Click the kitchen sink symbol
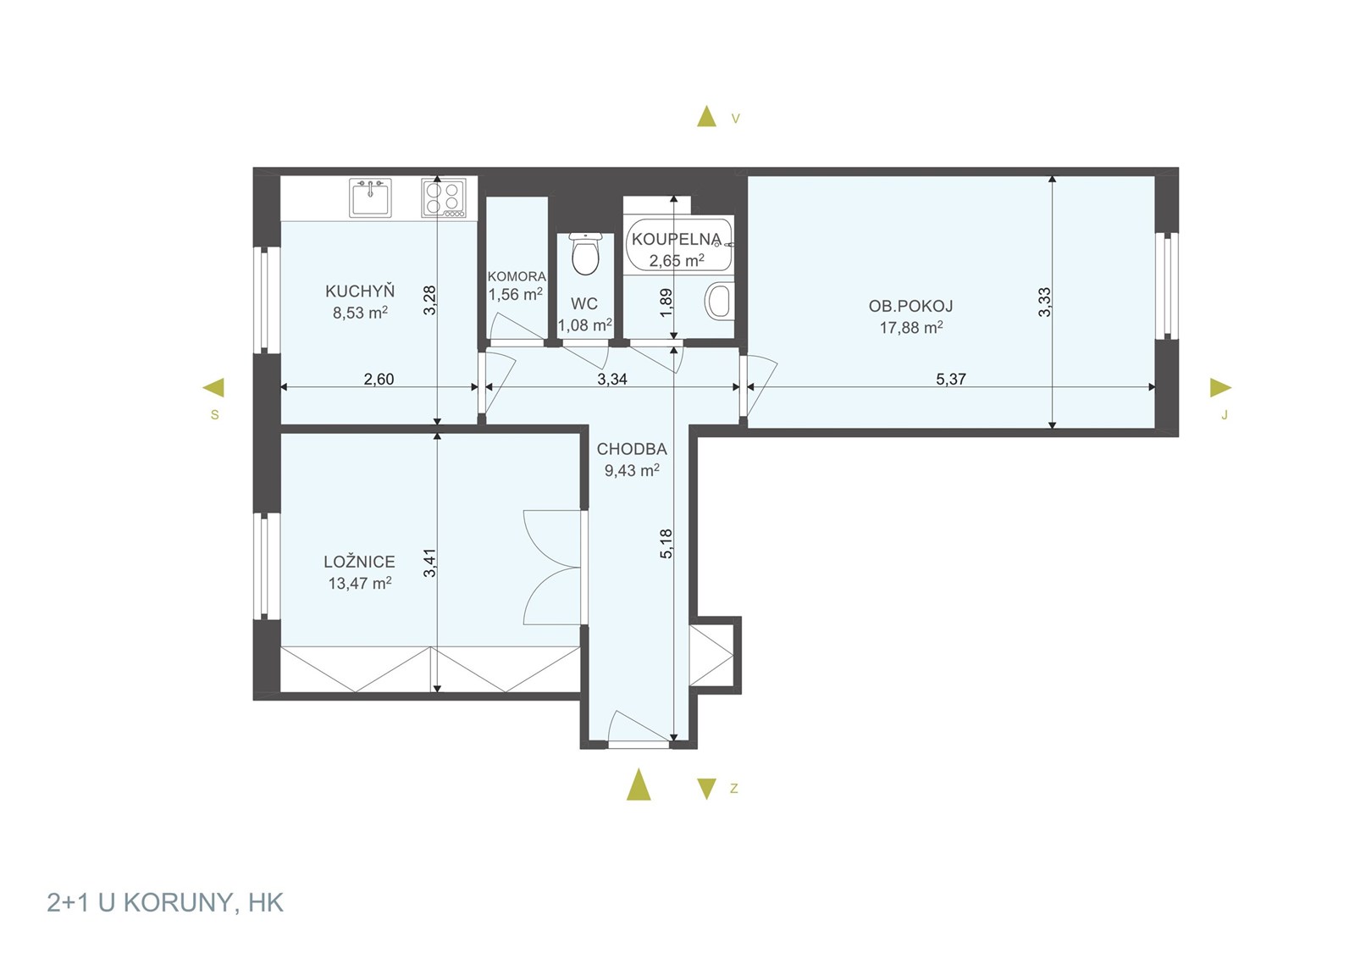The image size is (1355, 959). point(370,197)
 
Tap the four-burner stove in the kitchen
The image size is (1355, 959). point(444,197)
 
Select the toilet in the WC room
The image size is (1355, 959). point(585,254)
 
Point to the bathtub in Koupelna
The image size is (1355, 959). point(679,245)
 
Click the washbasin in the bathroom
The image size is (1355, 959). point(719,301)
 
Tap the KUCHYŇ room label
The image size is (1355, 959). point(360,291)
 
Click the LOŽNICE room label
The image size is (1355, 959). point(359,562)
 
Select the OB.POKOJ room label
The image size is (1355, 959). point(911,306)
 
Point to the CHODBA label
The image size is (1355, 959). point(632,449)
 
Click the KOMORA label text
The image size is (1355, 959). point(517,276)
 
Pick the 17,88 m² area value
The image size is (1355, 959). point(911,327)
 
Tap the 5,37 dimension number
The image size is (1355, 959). point(951,379)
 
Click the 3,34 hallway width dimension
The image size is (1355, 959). point(612,379)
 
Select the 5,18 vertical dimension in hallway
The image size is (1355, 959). point(666,543)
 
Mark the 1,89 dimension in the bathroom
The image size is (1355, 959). point(666,302)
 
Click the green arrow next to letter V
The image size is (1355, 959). point(706,116)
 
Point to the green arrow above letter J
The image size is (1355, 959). point(1220,387)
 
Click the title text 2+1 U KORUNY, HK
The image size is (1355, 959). point(165,902)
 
